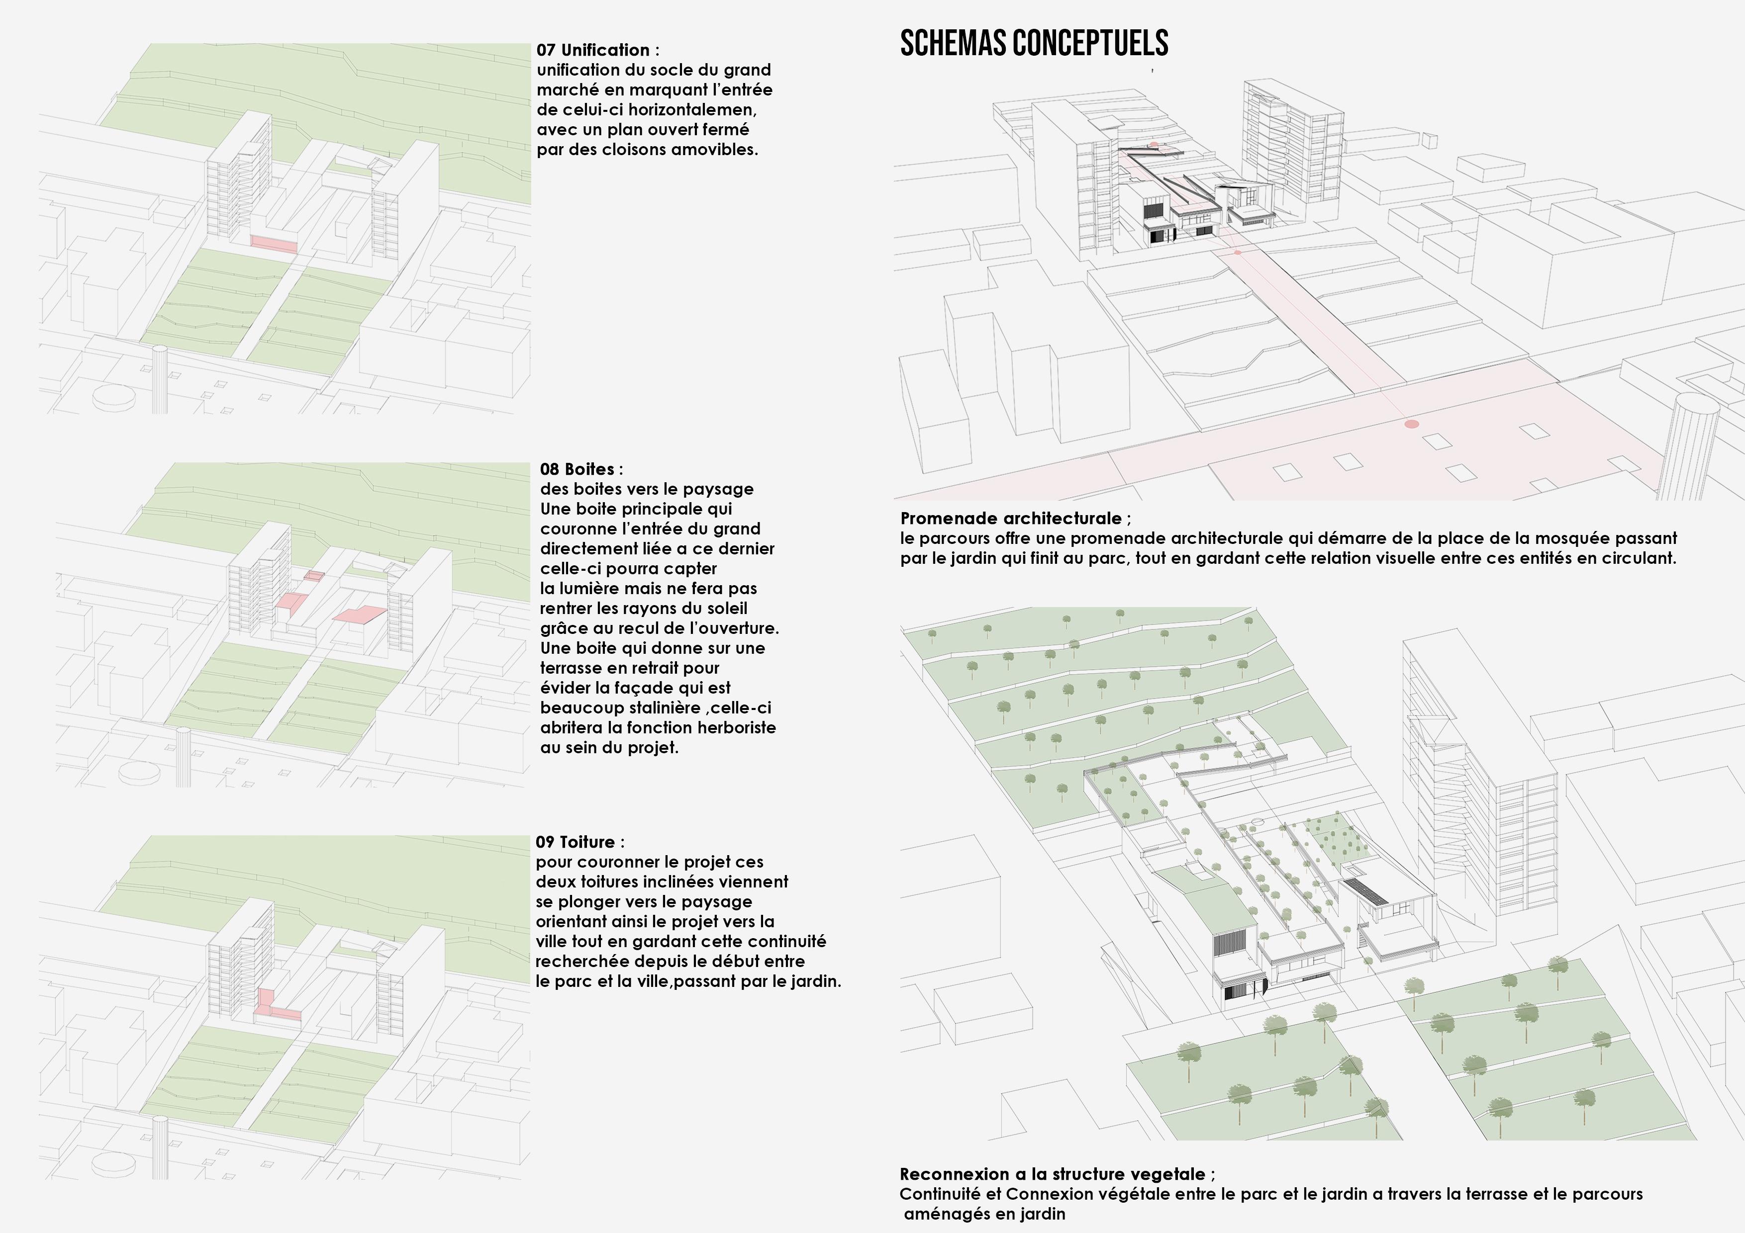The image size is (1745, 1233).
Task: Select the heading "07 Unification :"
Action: (x=597, y=50)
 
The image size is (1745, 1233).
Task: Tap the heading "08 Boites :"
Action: (x=581, y=469)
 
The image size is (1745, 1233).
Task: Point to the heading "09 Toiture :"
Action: (x=580, y=842)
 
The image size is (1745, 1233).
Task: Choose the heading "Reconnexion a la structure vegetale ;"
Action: (x=1057, y=1174)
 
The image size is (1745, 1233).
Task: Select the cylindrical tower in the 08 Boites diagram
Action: (x=183, y=756)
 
